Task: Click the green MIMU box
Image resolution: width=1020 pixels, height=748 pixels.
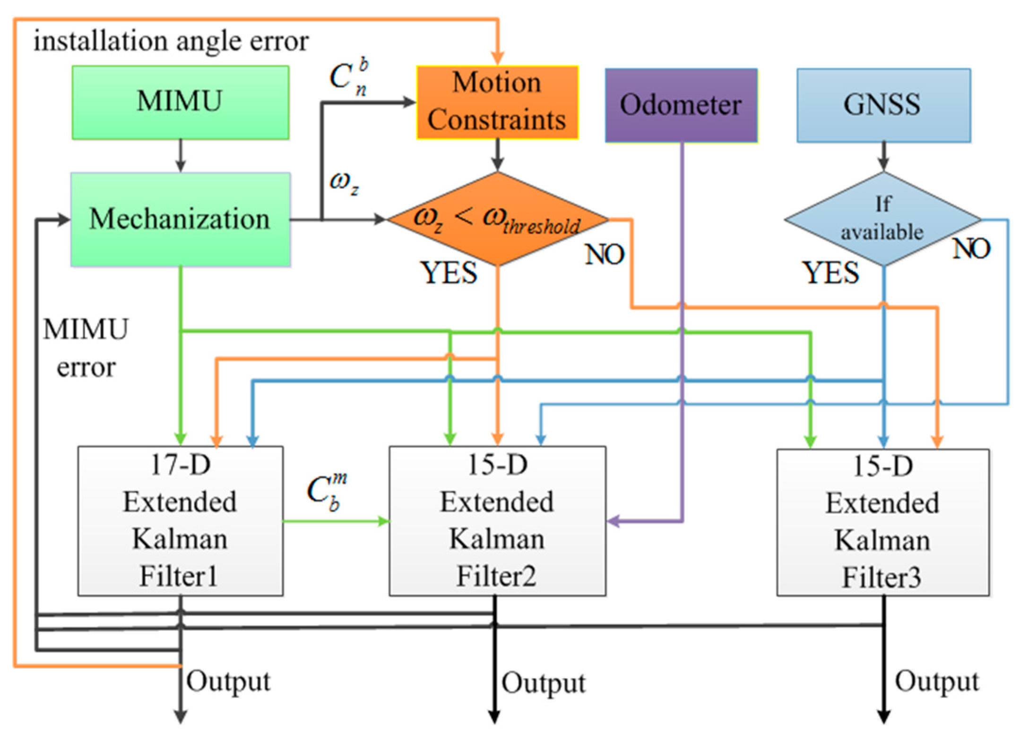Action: coord(180,102)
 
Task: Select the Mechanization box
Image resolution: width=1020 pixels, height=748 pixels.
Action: coord(180,219)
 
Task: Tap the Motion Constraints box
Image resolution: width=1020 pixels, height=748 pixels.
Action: coord(497,102)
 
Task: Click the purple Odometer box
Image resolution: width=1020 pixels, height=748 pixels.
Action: coord(681,105)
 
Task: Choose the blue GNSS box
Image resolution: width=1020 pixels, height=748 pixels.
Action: coord(883,105)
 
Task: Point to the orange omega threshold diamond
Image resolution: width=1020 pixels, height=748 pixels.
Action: coord(497,219)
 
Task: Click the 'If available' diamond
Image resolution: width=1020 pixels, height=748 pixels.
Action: coord(882,219)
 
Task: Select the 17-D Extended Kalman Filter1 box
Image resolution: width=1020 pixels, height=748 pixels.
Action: coord(180,520)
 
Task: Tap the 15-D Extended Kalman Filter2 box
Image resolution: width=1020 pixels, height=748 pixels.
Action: coord(497,520)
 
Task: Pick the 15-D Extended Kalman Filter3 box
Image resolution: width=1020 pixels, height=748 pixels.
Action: coord(882,522)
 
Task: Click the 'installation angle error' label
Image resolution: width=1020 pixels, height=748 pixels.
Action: coord(171,41)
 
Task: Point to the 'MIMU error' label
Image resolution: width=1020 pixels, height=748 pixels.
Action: coord(86,348)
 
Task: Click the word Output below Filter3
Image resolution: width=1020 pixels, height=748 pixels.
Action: coord(936,681)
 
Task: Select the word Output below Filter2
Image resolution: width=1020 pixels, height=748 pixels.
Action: coord(543,683)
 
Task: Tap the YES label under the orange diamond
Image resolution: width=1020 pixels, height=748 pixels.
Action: coord(449,273)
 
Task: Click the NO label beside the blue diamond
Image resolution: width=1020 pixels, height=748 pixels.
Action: coord(971,248)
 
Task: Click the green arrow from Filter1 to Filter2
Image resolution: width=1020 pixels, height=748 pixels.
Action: coord(336,521)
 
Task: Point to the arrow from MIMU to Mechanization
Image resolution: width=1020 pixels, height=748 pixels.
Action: coord(180,156)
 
